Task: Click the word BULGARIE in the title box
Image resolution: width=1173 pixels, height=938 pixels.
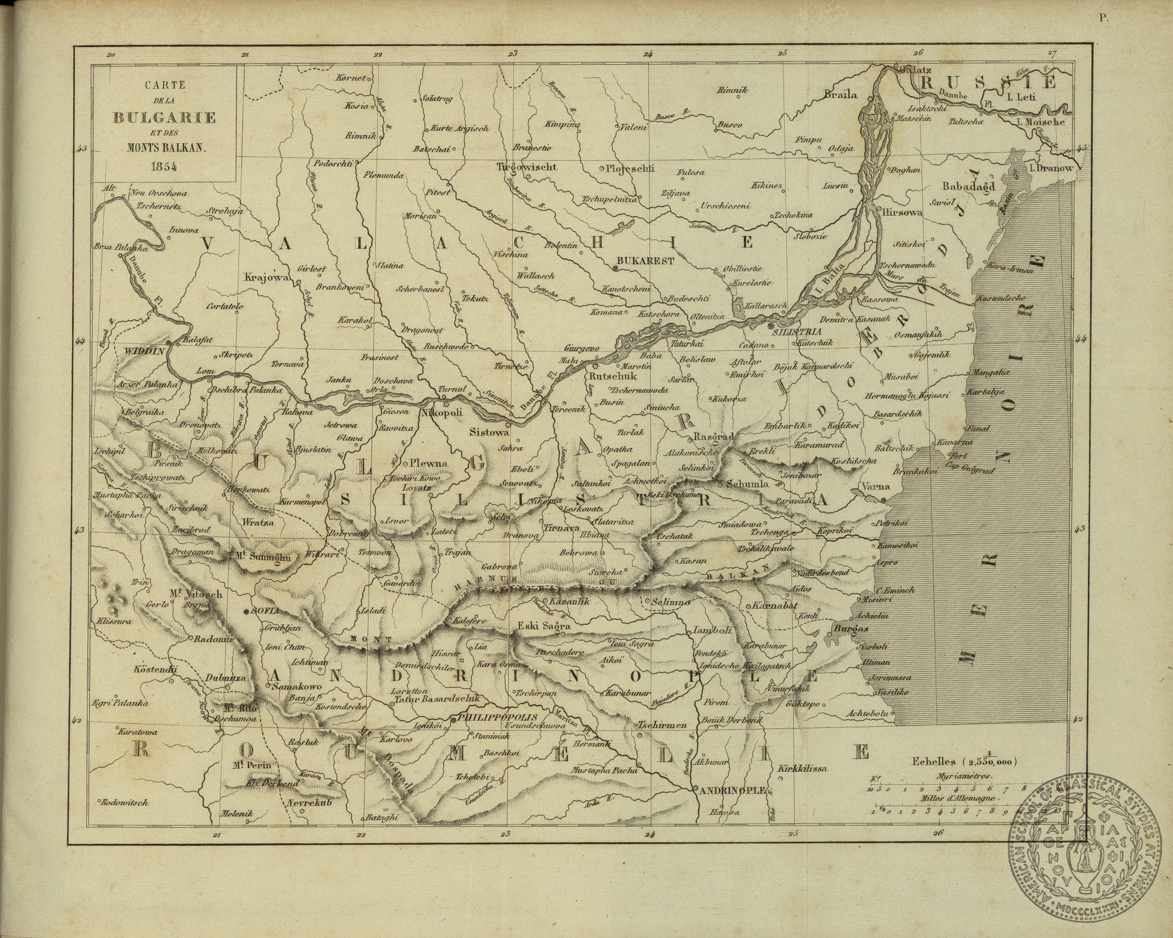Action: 165,118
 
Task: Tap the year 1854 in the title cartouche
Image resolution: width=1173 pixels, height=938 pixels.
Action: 165,166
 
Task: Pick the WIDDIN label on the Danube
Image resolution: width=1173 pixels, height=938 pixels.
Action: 144,351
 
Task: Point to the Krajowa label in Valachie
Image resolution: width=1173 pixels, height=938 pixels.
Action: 267,278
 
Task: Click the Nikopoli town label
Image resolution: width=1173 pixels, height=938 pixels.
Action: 441,414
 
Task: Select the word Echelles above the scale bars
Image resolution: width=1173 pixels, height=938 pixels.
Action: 933,762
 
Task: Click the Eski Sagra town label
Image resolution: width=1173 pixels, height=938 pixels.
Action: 540,626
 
